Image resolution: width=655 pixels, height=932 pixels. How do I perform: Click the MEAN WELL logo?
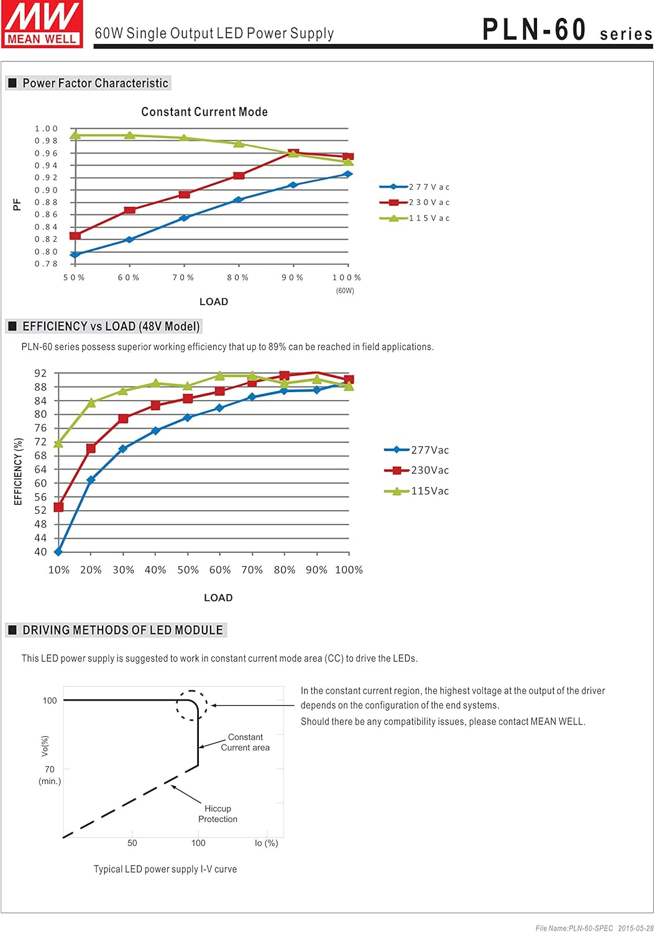point(42,24)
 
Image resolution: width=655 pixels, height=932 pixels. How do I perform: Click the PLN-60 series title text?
point(567,30)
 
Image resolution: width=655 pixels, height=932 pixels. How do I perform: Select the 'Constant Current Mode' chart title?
point(204,111)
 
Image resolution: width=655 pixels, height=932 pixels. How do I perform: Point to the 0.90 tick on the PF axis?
point(46,190)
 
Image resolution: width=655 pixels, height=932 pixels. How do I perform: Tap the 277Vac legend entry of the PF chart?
point(415,187)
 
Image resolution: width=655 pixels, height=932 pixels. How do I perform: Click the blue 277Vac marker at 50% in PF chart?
point(75,255)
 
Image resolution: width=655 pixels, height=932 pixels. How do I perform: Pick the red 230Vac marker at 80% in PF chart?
point(239,176)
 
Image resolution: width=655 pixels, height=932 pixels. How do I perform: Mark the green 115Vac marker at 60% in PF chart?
point(130,135)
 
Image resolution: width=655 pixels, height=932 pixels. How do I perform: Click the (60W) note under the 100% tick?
point(345,290)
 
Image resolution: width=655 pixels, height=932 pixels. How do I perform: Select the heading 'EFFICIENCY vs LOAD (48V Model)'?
point(111,326)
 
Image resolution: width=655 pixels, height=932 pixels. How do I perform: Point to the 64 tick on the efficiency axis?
point(40,469)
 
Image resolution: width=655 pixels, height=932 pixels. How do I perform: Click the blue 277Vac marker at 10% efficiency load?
point(58,552)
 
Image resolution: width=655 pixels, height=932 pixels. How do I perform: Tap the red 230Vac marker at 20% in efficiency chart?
point(91,448)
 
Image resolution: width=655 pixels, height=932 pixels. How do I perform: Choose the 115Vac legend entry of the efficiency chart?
point(416,491)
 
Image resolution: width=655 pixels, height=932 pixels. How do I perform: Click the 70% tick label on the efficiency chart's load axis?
point(252,570)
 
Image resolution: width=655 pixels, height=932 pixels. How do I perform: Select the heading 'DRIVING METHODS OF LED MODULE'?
point(123,630)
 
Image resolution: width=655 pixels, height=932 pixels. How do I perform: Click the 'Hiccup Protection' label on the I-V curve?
point(218,813)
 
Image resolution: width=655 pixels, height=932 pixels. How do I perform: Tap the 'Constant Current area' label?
point(245,742)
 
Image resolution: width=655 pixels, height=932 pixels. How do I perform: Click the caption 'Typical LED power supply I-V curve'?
point(165,869)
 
